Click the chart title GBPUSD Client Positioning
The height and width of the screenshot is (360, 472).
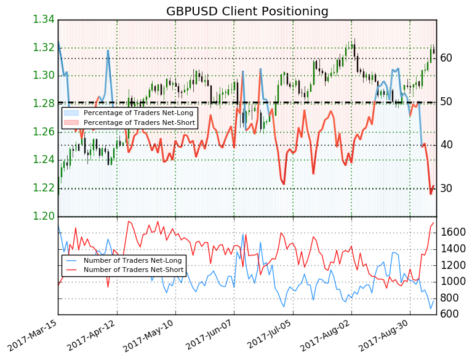click(247, 12)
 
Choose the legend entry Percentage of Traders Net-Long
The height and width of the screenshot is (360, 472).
click(139, 113)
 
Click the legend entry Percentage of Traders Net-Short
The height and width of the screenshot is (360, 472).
click(139, 123)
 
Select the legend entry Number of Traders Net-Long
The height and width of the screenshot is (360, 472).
click(133, 260)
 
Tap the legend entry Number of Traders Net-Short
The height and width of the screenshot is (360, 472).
click(133, 270)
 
